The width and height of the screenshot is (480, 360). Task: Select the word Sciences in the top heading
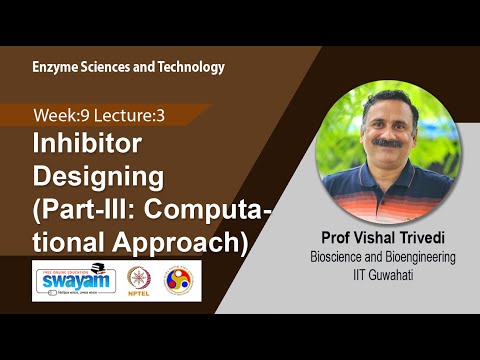tap(106, 67)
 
